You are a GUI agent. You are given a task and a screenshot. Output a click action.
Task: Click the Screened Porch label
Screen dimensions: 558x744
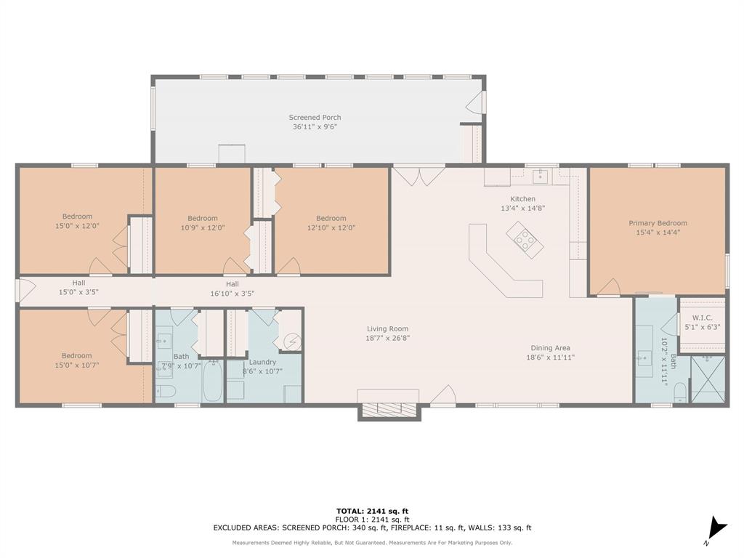315,117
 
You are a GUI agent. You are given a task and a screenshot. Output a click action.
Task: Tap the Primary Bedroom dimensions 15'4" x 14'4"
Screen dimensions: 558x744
658,232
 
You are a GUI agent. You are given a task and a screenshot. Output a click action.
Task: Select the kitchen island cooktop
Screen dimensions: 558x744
525,240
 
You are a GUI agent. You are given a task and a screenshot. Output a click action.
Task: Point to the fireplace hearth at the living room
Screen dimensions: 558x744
389,409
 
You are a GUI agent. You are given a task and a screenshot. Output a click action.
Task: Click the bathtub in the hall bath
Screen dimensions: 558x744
213,381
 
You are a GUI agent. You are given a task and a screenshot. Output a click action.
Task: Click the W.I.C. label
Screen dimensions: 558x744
702,318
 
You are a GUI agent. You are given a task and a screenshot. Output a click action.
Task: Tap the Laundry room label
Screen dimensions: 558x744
262,362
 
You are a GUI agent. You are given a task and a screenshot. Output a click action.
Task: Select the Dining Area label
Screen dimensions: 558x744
550,348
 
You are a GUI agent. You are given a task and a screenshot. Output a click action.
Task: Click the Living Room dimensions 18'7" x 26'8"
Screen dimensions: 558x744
388,338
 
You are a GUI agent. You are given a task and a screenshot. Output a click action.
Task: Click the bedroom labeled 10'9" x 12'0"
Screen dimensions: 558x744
203,222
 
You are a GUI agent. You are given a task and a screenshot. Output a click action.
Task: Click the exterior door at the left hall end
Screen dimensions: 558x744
24,291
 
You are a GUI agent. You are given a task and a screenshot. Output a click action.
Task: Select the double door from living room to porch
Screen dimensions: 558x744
418,175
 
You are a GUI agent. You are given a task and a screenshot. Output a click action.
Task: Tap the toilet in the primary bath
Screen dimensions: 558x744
679,393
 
